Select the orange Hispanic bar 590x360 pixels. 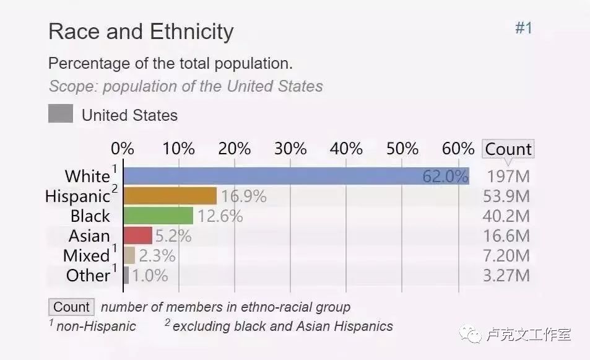coord(170,196)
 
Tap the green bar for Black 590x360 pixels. coord(158,216)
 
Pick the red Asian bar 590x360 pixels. coord(137,236)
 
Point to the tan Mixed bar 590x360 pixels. coord(129,255)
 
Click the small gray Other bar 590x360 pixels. coord(126,275)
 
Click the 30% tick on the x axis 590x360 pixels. coord(290,149)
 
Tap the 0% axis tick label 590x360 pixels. coord(123,149)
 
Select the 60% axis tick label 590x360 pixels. coord(458,149)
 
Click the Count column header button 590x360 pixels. coord(508,149)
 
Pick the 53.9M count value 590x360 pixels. coord(506,196)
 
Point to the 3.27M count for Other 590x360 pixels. coord(506,275)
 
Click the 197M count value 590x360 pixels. coord(508,177)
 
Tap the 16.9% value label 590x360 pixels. coord(244,197)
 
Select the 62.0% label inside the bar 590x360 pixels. coord(445,177)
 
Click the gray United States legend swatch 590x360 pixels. coord(61,115)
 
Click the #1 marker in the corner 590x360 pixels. coord(523,29)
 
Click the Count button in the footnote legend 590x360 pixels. coord(71,307)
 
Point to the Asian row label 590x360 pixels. coord(89,236)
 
